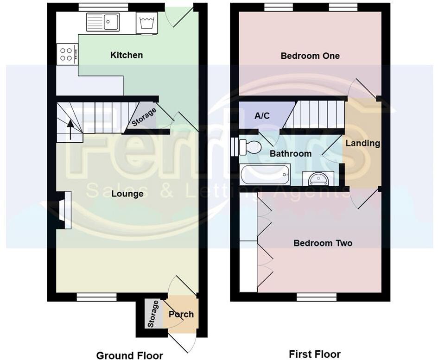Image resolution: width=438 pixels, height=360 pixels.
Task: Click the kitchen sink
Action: (103, 22)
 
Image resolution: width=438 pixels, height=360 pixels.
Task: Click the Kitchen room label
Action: (127, 55)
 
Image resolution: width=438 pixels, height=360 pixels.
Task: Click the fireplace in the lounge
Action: (64, 210)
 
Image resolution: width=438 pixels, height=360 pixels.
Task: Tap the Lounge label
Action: (127, 194)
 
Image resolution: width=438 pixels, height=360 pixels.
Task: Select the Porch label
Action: (181, 314)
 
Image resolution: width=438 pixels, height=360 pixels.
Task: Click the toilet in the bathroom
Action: (248, 147)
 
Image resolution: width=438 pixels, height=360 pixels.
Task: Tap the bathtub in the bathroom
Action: (265, 175)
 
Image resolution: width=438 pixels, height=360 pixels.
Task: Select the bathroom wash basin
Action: (317, 178)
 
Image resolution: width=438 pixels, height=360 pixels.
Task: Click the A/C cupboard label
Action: (262, 115)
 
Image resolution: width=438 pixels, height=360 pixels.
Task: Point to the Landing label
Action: (362, 143)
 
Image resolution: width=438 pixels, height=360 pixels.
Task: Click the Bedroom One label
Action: (310, 56)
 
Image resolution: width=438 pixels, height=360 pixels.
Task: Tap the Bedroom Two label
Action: (323, 243)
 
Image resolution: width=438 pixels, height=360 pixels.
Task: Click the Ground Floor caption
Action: (129, 355)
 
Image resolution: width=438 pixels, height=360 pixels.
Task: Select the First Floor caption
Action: (315, 354)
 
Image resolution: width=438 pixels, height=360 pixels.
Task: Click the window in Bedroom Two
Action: (316, 297)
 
